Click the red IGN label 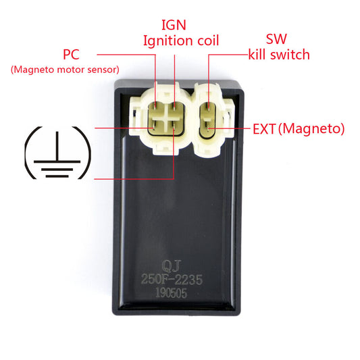tap(174, 25)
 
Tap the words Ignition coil tap(181, 41)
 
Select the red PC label tap(71, 55)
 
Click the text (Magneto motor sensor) tap(65, 70)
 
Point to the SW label tap(276, 39)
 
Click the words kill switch tap(279, 55)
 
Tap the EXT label tap(264, 129)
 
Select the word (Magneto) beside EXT tap(311, 129)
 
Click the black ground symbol tap(57, 153)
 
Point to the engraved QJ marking tap(172, 266)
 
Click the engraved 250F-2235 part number tap(172, 280)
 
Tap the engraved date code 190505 tap(172, 292)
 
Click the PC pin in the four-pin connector tap(155, 106)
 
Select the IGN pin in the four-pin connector tap(174, 106)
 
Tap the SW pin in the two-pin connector tap(209, 107)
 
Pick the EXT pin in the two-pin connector tap(209, 128)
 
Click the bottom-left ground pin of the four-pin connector tap(153, 126)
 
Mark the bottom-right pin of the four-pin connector tap(174, 127)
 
